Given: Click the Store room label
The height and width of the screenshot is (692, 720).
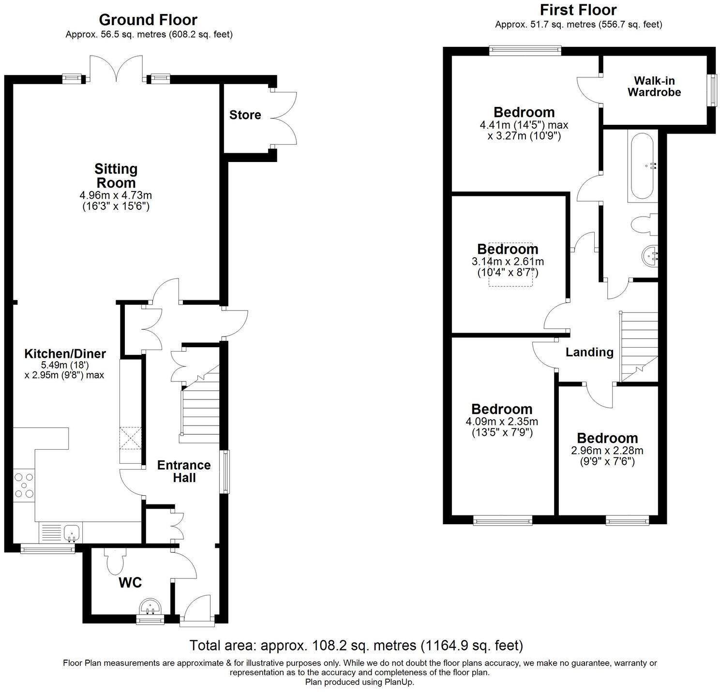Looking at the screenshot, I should [245, 115].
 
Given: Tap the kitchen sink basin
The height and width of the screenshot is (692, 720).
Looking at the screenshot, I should [72, 532].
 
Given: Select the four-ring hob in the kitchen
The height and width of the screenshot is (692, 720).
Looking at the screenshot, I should [24, 485].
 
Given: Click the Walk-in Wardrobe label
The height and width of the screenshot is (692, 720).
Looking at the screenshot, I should [654, 87].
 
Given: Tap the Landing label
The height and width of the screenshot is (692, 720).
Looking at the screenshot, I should [589, 352].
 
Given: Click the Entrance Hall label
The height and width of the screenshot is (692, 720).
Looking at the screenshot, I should [184, 471].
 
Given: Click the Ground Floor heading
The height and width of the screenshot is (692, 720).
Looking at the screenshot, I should [148, 20].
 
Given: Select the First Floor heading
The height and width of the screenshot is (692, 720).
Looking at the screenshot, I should [578, 10].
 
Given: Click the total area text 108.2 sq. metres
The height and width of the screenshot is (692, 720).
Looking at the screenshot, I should [356, 645].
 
